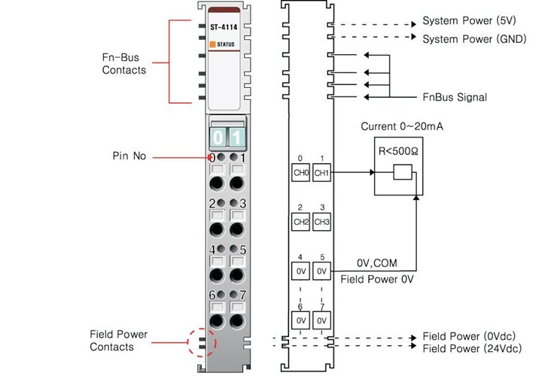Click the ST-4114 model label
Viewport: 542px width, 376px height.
[x=224, y=31]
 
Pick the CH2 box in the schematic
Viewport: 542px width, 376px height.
[x=300, y=222]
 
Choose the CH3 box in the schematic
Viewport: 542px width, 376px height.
[x=321, y=222]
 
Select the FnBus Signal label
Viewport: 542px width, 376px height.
[x=454, y=98]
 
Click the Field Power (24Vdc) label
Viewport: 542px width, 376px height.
[x=471, y=350]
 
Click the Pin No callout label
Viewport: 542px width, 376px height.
[x=129, y=156]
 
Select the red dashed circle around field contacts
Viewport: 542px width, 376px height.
[x=200, y=343]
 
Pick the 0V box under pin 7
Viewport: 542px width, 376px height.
[x=321, y=320]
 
